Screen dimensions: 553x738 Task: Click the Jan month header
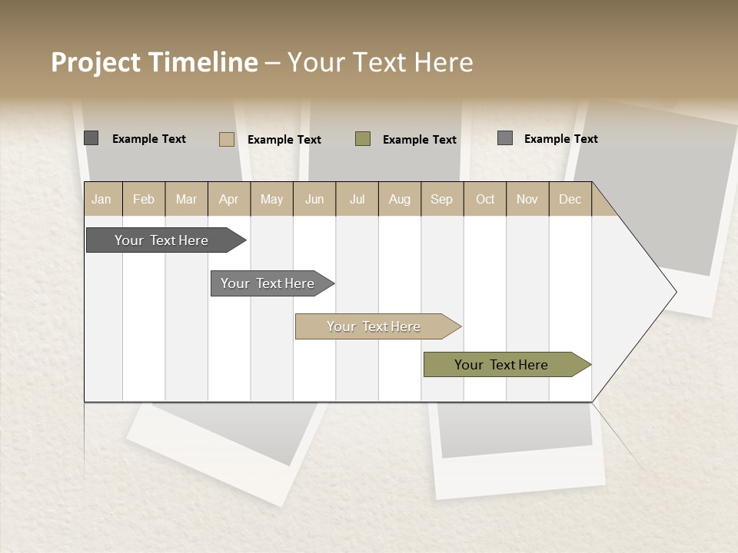[101, 199]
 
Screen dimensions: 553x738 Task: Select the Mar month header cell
[186, 199]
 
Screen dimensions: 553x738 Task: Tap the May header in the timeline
[271, 199]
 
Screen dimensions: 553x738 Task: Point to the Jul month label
[357, 199]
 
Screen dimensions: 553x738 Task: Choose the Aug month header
[399, 199]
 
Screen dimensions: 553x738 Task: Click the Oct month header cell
[485, 199]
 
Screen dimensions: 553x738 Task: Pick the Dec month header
[570, 199]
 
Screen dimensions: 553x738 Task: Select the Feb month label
[144, 199]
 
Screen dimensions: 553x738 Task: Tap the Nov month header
[527, 199]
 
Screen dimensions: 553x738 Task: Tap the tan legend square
[227, 139]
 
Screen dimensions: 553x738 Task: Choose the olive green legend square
[363, 139]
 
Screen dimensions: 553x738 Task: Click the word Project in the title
[95, 62]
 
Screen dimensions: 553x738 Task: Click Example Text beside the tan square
[284, 140]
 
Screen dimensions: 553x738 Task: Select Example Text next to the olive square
[420, 140]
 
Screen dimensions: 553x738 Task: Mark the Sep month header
[442, 199]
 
